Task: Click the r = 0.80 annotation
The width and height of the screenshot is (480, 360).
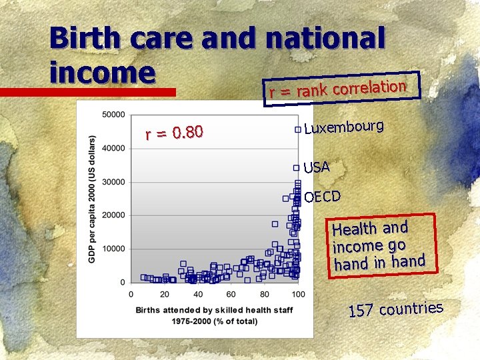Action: [174, 134]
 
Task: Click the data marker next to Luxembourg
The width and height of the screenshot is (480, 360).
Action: [297, 129]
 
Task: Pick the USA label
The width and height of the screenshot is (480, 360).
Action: [317, 167]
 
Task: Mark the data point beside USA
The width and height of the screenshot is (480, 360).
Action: [297, 168]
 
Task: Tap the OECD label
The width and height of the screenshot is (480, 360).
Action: [322, 196]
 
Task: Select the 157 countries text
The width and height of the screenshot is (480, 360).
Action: [396, 309]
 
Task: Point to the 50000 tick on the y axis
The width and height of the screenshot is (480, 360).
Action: [113, 115]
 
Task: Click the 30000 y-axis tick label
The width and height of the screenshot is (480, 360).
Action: [113, 182]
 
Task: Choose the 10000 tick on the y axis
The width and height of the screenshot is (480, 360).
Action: [113, 249]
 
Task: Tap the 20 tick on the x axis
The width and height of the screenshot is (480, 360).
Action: [164, 295]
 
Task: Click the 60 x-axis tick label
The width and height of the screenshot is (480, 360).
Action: [231, 295]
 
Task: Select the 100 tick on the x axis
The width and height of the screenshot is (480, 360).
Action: [298, 295]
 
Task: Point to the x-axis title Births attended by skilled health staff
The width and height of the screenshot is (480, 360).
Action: [214, 310]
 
